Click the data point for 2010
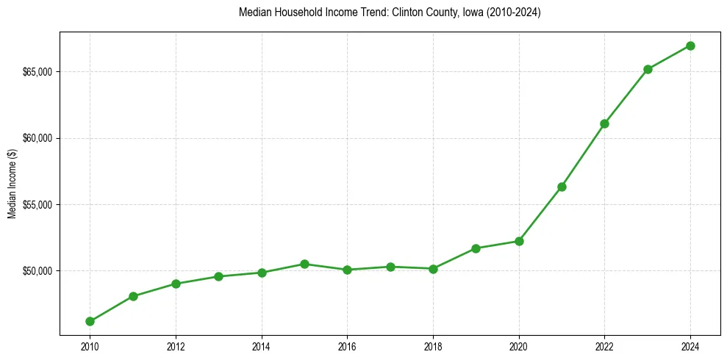point(90,321)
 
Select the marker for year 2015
point(304,264)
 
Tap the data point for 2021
point(562,187)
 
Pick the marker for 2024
point(690,46)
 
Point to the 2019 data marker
point(476,248)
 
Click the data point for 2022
point(604,123)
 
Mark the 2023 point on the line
point(648,69)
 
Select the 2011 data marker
point(133,296)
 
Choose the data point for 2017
point(390,267)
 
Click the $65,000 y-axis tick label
point(38,72)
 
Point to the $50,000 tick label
point(38,271)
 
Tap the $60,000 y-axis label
point(38,138)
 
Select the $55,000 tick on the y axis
point(38,205)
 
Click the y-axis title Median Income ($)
point(12,184)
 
